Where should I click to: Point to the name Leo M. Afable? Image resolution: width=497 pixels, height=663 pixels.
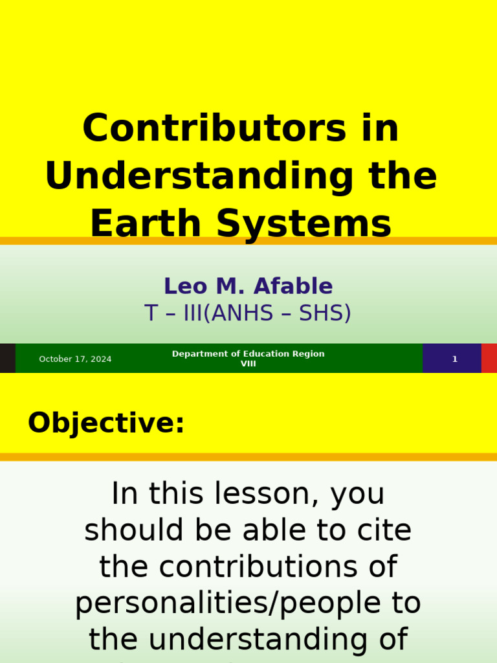(x=248, y=286)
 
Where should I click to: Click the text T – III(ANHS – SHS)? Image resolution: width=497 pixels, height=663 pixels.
(x=248, y=313)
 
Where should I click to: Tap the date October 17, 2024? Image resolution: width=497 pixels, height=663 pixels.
(x=75, y=359)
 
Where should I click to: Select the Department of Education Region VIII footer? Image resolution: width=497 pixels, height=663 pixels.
(x=248, y=359)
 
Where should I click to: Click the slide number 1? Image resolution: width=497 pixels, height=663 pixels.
(x=454, y=359)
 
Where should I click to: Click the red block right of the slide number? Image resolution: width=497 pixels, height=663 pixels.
(x=489, y=359)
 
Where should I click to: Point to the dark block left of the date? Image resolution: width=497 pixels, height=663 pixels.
(x=7, y=359)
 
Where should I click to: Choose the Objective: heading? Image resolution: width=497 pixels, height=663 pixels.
(x=106, y=423)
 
